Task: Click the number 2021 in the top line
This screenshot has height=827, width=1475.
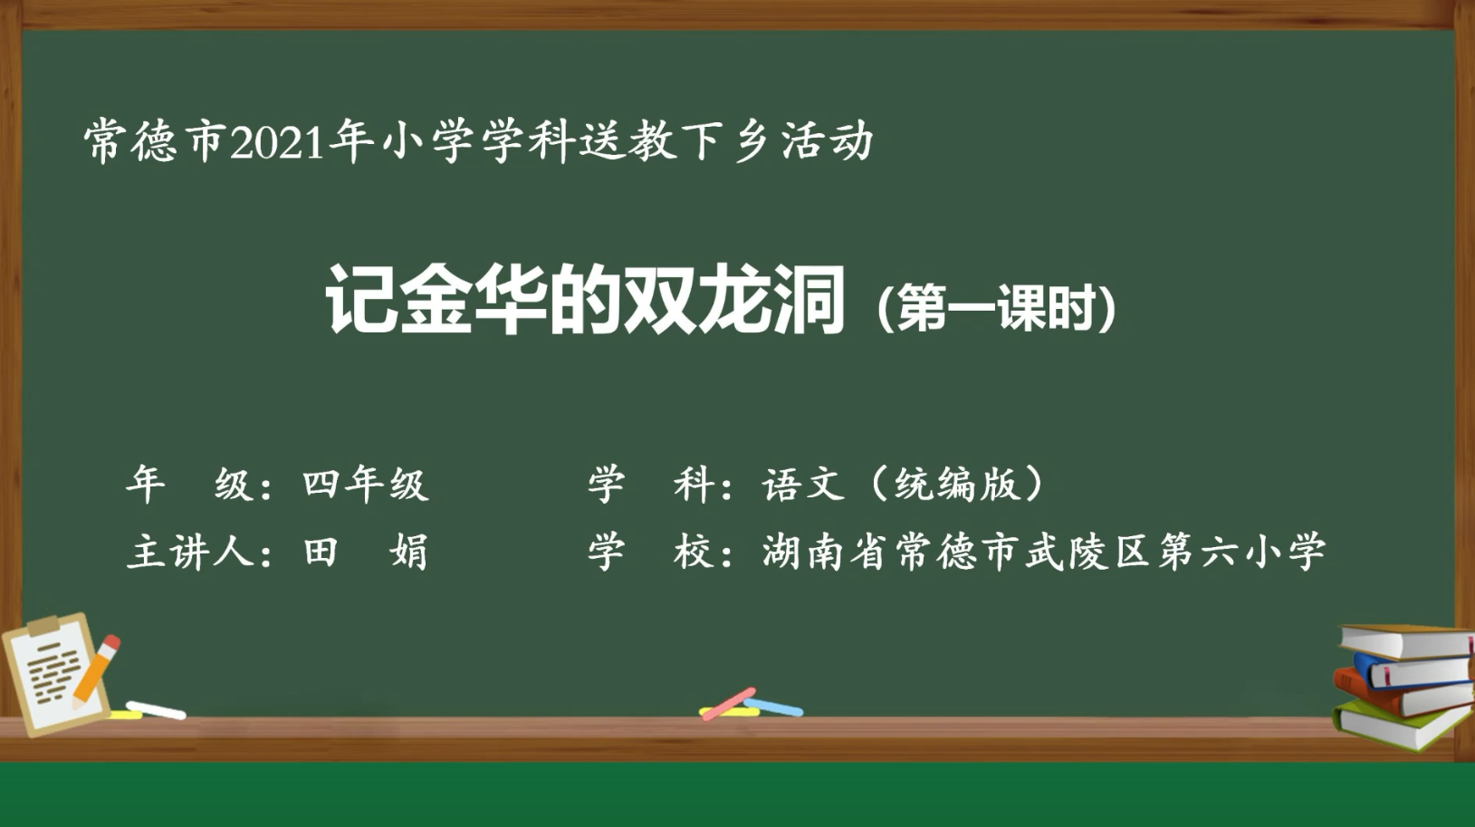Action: (278, 143)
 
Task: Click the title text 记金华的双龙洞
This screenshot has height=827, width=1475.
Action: (585, 300)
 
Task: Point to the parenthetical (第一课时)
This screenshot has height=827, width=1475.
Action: (996, 309)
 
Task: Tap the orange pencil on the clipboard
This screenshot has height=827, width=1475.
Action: (96, 669)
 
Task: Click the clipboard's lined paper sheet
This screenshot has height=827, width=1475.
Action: (53, 675)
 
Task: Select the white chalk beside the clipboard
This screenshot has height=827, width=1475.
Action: (156, 710)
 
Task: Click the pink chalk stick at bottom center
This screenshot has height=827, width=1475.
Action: (728, 704)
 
